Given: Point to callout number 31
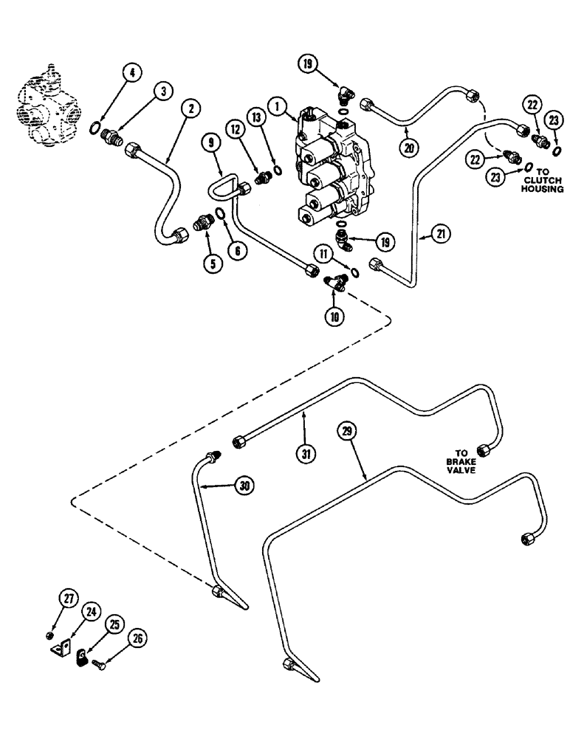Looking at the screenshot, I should [x=308, y=454].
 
